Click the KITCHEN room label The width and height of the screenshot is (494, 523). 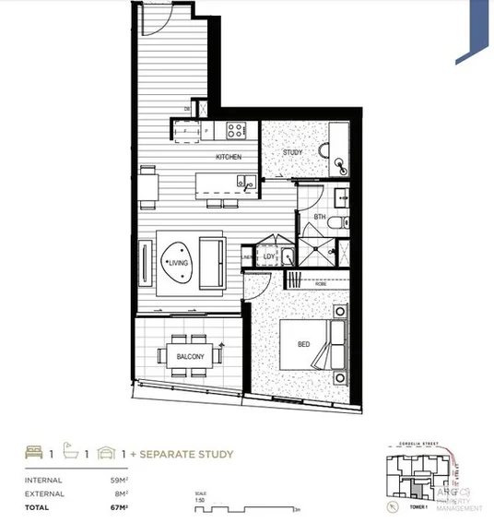tap(229, 157)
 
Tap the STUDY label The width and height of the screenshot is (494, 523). tap(293, 152)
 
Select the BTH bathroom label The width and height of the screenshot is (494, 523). tap(320, 218)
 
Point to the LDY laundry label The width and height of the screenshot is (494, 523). tap(270, 257)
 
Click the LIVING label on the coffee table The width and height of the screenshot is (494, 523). tap(179, 262)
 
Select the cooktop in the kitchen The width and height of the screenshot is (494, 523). tap(235, 130)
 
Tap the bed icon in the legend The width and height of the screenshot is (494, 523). tap(35, 454)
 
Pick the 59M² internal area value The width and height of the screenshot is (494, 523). tap(118, 480)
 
